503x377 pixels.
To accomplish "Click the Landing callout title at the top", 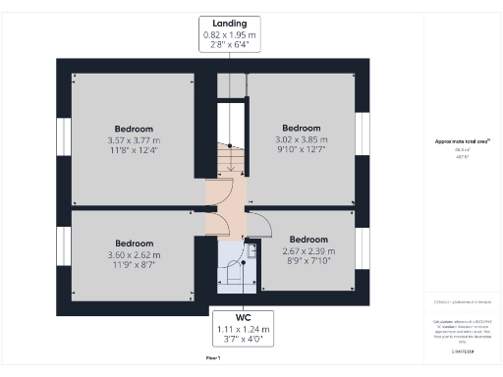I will click(230, 23).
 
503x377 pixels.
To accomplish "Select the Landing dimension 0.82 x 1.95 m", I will click(230, 34).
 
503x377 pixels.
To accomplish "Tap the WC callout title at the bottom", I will click(230, 317).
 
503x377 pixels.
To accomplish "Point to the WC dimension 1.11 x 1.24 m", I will click(230, 329).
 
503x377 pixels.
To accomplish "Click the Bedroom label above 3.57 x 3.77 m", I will click(134, 130).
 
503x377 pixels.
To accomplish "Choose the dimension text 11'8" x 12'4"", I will click(134, 151).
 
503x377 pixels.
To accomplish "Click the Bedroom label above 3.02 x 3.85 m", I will click(302, 129).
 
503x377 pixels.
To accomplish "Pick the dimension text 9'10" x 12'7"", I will click(302, 150).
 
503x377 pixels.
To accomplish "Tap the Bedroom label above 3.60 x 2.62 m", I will click(134, 243).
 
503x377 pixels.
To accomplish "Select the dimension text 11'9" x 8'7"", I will click(134, 265).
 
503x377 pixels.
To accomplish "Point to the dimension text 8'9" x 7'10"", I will click(308, 261).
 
